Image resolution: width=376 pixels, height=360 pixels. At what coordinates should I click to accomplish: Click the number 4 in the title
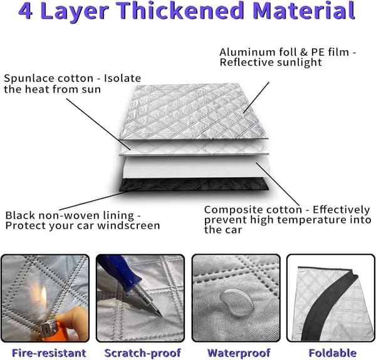26,11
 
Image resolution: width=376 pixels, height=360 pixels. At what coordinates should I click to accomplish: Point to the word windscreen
128,225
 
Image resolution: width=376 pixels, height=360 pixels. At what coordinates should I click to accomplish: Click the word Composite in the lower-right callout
229,210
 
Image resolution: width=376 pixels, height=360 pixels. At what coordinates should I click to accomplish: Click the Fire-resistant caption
49,353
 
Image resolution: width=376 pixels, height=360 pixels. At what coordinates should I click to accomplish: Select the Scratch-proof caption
143,353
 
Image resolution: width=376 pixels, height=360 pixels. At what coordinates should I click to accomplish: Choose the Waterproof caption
239,353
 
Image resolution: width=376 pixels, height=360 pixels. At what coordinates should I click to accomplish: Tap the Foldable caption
333,353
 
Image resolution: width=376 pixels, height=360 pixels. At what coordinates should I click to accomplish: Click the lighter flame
43,297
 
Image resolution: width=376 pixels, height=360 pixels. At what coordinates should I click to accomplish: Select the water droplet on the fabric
237,303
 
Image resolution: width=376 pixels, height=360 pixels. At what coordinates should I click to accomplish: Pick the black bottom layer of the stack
194,185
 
